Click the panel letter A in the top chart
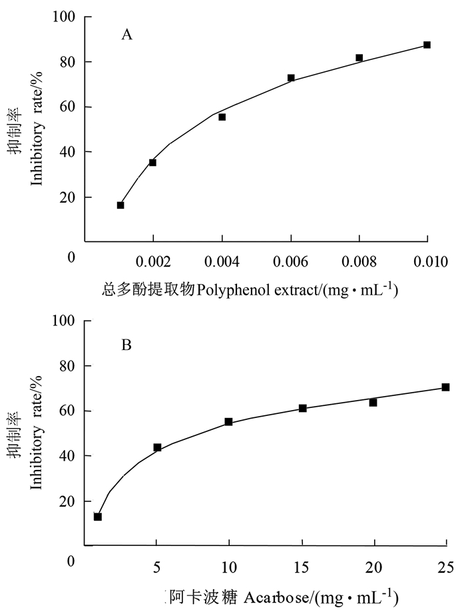click(126, 35)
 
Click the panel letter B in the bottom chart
click(126, 345)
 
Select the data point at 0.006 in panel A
click(291, 78)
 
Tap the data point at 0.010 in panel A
click(427, 45)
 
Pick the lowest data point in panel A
click(120, 205)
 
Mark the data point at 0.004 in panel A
click(222, 117)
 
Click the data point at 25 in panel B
click(445, 387)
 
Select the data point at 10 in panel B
click(228, 421)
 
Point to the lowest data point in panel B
click(98, 517)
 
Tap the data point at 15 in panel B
click(302, 408)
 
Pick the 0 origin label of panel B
click(71, 561)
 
